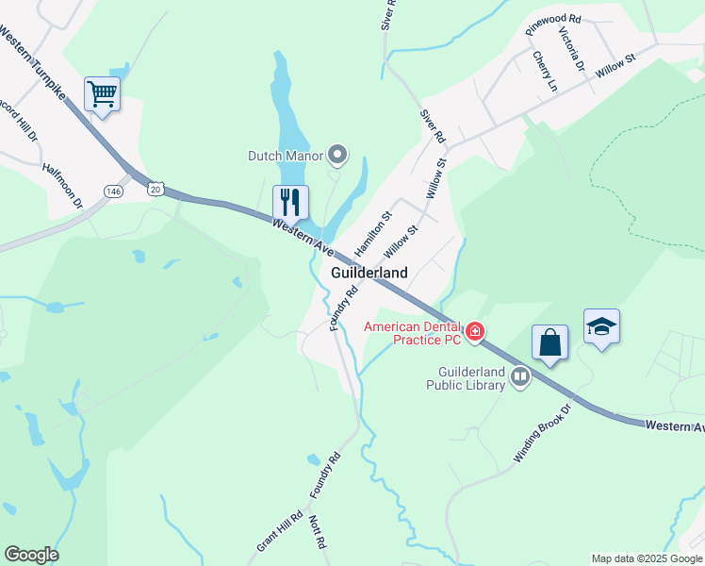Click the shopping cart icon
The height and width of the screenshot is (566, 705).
pos(102,94)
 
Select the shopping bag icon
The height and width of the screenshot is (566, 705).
pos(550,342)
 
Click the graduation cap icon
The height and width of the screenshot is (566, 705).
pos(601,327)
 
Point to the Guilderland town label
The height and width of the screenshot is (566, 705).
pos(369,273)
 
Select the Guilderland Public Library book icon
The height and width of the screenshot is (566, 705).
pos(519,378)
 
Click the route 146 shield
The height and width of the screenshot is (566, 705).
pos(114,191)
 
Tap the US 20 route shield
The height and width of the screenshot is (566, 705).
pos(155,190)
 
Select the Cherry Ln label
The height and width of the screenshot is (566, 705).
pos(545,71)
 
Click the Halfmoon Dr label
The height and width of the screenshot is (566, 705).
pos(63,185)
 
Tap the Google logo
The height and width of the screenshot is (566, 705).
pos(31,555)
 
